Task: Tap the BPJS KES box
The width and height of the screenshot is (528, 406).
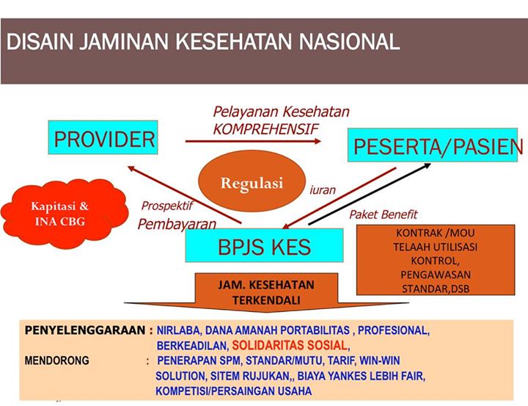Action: click(265, 246)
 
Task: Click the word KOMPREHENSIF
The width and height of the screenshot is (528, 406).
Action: click(266, 128)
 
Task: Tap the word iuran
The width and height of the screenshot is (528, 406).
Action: click(323, 190)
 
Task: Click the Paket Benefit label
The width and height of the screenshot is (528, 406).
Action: click(382, 214)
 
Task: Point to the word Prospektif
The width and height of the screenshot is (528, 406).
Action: click(167, 206)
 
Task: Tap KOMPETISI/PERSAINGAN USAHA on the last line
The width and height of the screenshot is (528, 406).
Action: click(233, 391)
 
